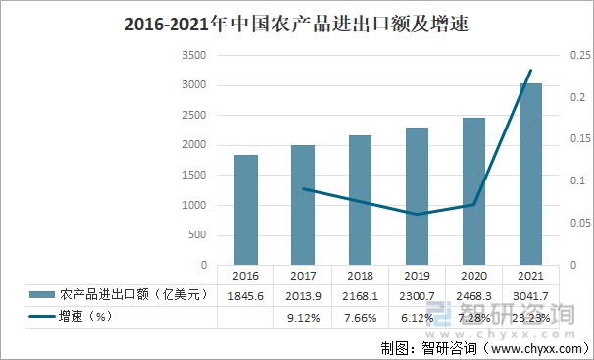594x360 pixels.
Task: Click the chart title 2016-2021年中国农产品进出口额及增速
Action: pyautogui.click(x=297, y=26)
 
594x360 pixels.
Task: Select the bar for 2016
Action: pyautogui.click(x=246, y=210)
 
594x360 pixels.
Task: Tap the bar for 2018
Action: pyautogui.click(x=360, y=200)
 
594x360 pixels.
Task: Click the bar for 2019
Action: pyautogui.click(x=417, y=196)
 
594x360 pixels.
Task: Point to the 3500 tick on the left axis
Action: pyautogui.click(x=195, y=56)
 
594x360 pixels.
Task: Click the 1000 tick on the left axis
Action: pyautogui.click(x=195, y=206)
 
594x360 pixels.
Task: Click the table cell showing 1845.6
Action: pyautogui.click(x=246, y=295)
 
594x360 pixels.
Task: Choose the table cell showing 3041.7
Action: pyautogui.click(x=530, y=295)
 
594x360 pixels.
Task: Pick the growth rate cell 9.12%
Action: pyautogui.click(x=303, y=317)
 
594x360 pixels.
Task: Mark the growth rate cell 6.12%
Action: pyautogui.click(x=417, y=317)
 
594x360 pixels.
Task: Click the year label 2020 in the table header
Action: pyautogui.click(x=473, y=275)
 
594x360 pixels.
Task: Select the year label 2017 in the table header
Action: pyautogui.click(x=303, y=275)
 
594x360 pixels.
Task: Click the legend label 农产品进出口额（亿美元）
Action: pyautogui.click(x=133, y=295)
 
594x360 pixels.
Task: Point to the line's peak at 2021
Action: pyautogui.click(x=530, y=71)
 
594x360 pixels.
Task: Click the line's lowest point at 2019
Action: pyautogui.click(x=417, y=214)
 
